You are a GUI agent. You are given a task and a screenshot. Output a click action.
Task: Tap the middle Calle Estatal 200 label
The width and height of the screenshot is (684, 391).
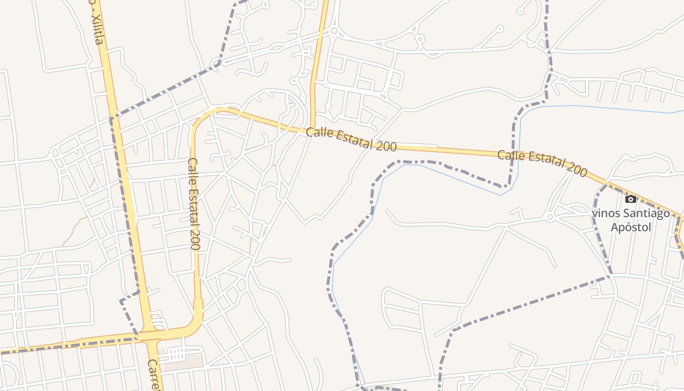(351, 139)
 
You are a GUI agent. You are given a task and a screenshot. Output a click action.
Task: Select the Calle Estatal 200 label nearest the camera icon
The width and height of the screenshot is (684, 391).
(542, 163)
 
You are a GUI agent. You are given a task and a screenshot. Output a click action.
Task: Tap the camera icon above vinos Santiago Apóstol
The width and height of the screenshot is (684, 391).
(631, 199)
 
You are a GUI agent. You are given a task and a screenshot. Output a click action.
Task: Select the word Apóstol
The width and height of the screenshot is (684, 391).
(631, 227)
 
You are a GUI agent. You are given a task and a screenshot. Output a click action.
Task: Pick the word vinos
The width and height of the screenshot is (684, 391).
(603, 214)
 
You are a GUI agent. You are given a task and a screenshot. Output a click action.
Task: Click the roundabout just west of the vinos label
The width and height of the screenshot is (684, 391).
(550, 217)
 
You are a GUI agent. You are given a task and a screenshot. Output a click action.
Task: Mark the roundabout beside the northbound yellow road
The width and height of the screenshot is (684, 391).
(334, 31)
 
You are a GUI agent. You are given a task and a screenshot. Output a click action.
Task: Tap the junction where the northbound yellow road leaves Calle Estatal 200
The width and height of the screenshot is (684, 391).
(312, 130)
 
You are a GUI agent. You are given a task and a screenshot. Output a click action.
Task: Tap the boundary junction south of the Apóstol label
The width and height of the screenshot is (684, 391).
(610, 277)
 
